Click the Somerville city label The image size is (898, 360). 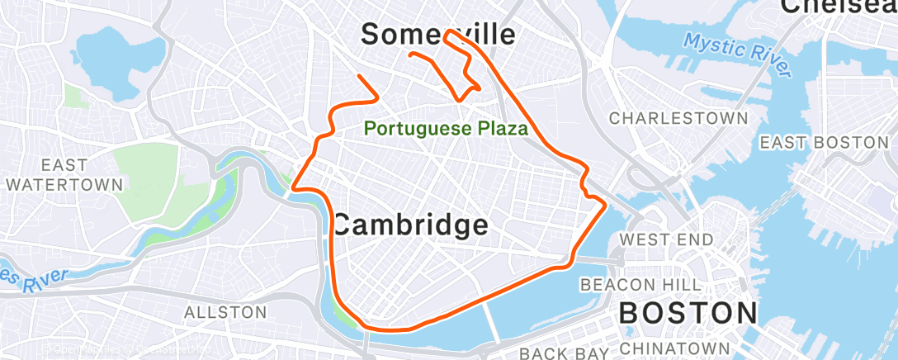(438, 34)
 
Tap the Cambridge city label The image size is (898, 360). (410, 225)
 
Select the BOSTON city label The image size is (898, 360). (688, 313)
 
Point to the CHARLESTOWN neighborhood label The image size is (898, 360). (678, 119)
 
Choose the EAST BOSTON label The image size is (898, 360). (824, 143)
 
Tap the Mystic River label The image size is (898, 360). (737, 54)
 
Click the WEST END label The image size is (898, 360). (666, 240)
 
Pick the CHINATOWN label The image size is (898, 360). (675, 348)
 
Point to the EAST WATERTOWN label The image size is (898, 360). (62, 174)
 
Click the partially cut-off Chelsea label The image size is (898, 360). (838, 7)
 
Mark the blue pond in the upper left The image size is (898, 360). (108, 50)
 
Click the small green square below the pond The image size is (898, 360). (76, 96)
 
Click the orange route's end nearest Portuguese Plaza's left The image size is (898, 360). (359, 77)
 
